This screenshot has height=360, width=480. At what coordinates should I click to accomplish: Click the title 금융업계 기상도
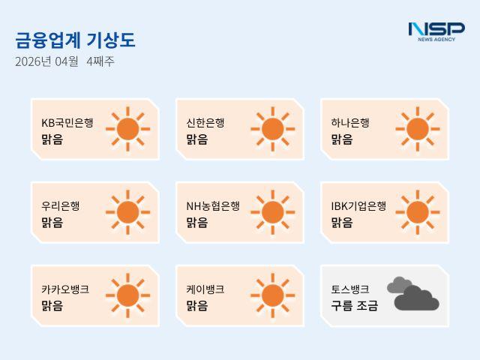pyautogui.click(x=75, y=40)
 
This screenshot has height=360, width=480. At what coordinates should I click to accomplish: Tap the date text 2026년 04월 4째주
pyautogui.click(x=64, y=61)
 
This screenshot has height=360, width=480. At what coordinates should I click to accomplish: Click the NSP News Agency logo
pyautogui.click(x=436, y=31)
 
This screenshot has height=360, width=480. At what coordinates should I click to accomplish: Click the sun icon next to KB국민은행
pyautogui.click(x=127, y=129)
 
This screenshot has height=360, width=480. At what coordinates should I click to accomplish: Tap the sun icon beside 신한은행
pyautogui.click(x=272, y=129)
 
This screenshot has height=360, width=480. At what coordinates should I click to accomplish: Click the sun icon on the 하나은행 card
pyautogui.click(x=417, y=129)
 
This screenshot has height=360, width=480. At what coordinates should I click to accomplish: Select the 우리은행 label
pyautogui.click(x=61, y=205)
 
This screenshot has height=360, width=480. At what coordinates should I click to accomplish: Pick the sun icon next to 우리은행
pyautogui.click(x=127, y=211)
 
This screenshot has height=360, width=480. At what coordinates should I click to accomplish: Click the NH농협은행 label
pyautogui.click(x=213, y=205)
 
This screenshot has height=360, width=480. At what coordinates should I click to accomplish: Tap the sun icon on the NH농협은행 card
pyautogui.click(x=272, y=211)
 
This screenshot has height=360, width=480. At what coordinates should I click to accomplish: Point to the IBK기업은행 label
pyautogui.click(x=358, y=205)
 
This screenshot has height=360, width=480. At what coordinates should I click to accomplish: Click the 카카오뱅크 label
pyautogui.click(x=65, y=289)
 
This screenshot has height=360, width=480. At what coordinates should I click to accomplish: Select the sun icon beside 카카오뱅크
pyautogui.click(x=127, y=295)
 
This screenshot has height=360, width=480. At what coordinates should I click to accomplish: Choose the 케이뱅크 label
pyautogui.click(x=205, y=289)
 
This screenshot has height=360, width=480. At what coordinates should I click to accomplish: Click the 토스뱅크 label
pyautogui.click(x=350, y=289)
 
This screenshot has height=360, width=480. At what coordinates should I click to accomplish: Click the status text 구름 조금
pyautogui.click(x=355, y=305)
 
